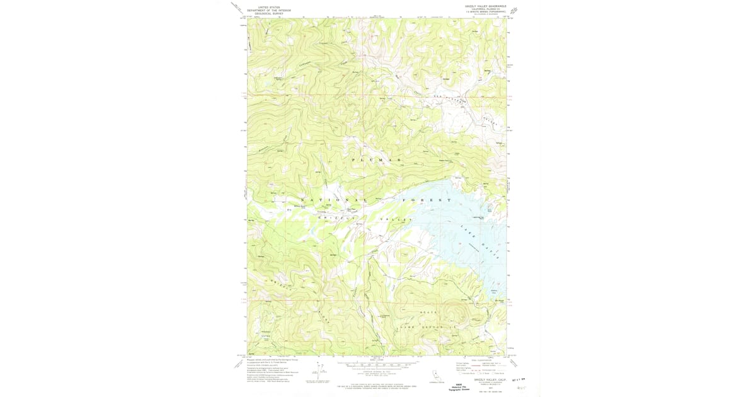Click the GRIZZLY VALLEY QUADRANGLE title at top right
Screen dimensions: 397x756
[x=485, y=6]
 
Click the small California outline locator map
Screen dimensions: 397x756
[x=434, y=376]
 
